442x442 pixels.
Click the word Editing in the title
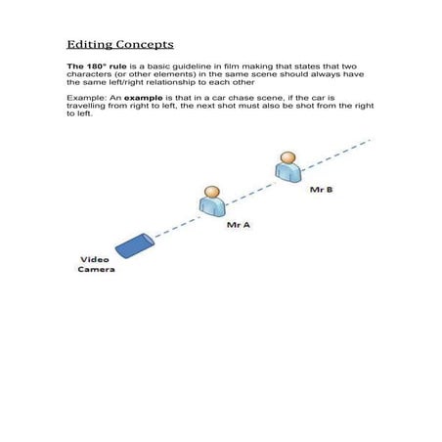pyautogui.click(x=87, y=45)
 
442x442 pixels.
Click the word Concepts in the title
pyautogui.click(x=142, y=45)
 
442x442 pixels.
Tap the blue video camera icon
pyautogui.click(x=133, y=245)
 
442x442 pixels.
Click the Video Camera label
pyautogui.click(x=96, y=264)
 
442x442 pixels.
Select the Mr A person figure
pyautogui.click(x=212, y=202)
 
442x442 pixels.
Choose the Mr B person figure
pyautogui.click(x=287, y=167)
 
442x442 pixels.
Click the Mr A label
pyautogui.click(x=239, y=224)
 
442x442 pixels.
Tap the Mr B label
pyautogui.click(x=322, y=189)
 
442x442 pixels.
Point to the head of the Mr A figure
pyautogui.click(x=212, y=192)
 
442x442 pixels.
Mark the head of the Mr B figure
pyautogui.click(x=287, y=156)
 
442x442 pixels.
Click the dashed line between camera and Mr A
pyautogui.click(x=176, y=224)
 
